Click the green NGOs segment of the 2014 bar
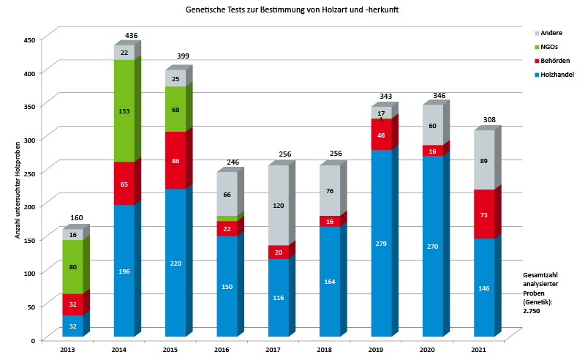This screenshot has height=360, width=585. click(x=124, y=110)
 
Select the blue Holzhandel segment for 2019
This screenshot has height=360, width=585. click(x=381, y=242)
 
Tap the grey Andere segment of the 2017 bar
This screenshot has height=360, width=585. click(x=278, y=206)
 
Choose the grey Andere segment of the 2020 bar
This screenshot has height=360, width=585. click(x=432, y=125)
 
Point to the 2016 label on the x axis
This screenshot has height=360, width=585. click(x=222, y=350)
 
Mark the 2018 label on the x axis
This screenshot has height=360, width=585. click(x=325, y=350)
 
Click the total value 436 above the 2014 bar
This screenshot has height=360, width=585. click(x=132, y=36)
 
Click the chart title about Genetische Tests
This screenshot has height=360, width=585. click(x=292, y=10)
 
